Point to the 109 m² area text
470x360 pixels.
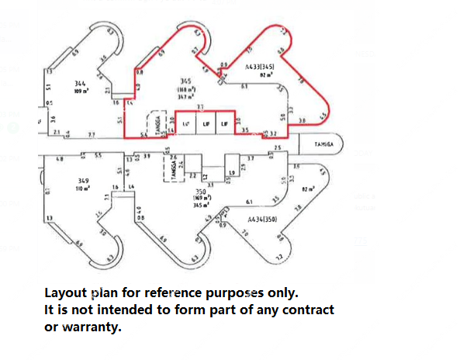[x=80, y=92]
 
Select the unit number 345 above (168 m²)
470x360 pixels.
[x=185, y=81]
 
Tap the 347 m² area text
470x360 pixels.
[x=185, y=96]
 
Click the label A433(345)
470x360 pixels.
[x=260, y=68]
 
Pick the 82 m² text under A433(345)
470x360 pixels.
[x=264, y=75]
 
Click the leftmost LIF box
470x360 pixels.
[x=185, y=124]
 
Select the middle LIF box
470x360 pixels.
[x=206, y=124]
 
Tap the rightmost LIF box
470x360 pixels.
[x=225, y=124]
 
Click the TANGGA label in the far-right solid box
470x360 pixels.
[x=324, y=144]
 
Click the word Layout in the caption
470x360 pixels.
[x=66, y=293]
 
